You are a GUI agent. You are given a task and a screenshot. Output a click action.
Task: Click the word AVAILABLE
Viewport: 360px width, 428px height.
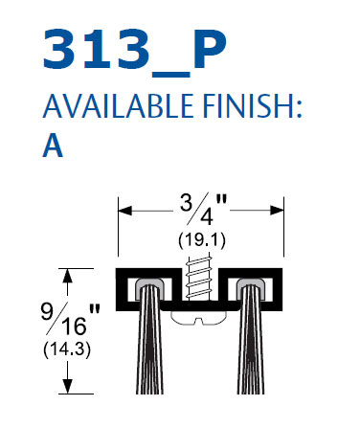(118, 106)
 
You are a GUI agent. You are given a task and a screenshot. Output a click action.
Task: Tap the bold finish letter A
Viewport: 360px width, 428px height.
(53, 146)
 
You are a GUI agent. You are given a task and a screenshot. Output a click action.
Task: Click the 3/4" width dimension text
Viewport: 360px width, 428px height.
(203, 209)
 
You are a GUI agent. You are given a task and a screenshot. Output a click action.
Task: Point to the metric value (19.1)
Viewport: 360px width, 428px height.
(202, 240)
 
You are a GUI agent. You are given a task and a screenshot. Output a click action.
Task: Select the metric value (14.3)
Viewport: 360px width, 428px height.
(67, 349)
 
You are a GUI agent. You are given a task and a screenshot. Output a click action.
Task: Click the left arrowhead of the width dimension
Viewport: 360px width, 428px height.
(124, 211)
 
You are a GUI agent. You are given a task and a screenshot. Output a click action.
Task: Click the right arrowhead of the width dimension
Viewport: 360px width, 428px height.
(277, 211)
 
